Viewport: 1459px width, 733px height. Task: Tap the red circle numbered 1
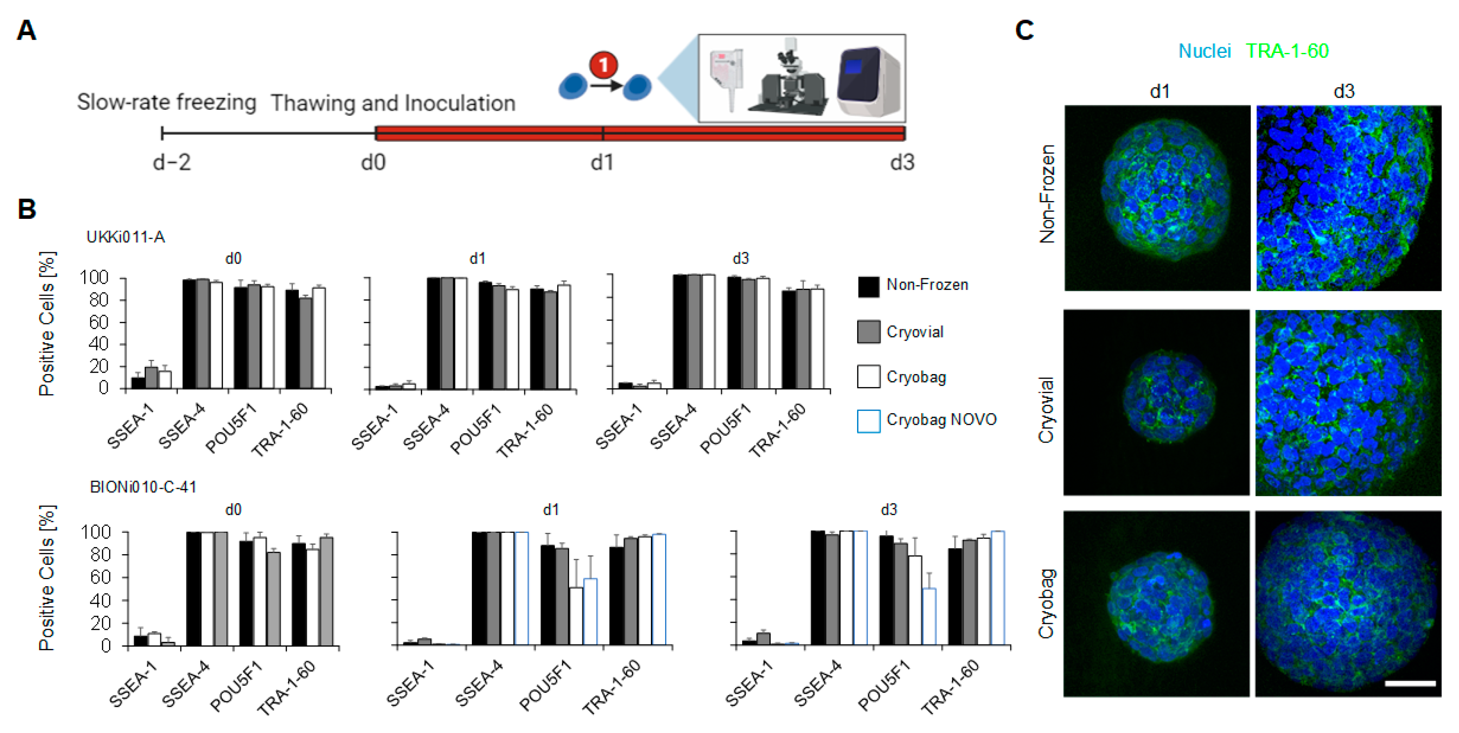coord(603,64)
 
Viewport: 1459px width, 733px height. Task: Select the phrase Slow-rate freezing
coord(167,102)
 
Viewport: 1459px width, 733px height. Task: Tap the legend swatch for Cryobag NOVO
coord(868,421)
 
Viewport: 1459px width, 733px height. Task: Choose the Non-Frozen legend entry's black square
coord(868,286)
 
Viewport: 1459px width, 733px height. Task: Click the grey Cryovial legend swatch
coord(868,332)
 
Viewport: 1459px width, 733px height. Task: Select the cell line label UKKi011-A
coord(125,237)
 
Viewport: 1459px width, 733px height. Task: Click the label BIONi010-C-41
coord(143,487)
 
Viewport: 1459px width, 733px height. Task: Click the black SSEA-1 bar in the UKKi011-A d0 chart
coord(138,382)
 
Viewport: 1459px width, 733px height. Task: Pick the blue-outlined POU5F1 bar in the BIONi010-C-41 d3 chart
coord(929,616)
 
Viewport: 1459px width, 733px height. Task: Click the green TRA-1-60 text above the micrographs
coord(1287,52)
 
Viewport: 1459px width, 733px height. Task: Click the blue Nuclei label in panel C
coord(1204,52)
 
